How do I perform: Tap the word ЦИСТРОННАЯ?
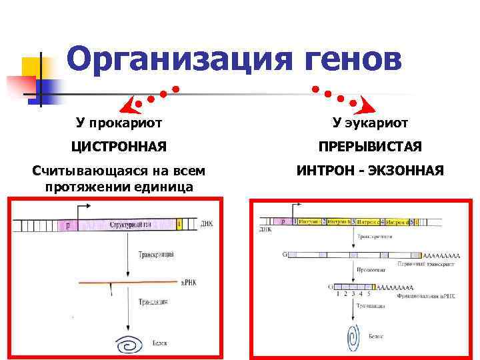coord(120,146)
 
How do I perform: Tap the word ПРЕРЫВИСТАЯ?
coord(371,146)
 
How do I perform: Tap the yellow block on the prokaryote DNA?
coord(179,225)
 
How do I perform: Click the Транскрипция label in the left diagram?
coord(156,254)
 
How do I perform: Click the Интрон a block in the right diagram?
coord(309,221)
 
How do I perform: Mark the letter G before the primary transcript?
coord(285,254)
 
